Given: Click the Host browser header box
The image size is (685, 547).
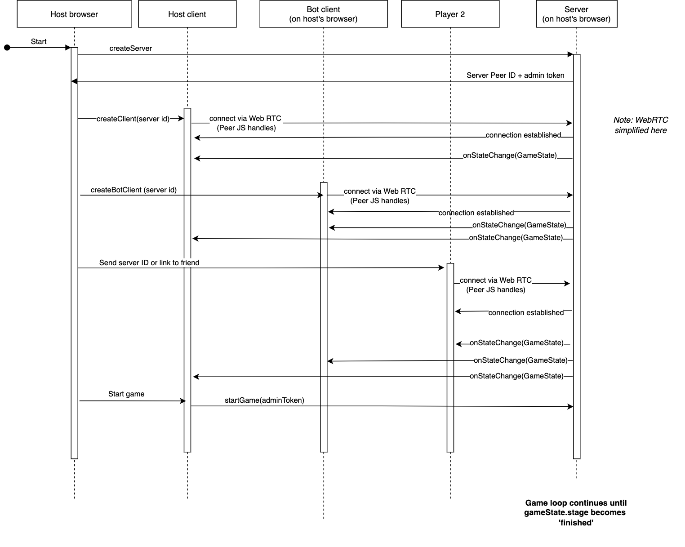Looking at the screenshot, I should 74,14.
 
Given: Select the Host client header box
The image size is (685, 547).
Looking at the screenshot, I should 187,14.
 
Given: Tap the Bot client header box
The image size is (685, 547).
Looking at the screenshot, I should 323,14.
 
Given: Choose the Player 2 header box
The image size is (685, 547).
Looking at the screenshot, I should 450,14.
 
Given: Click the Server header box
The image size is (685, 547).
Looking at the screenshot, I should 576,14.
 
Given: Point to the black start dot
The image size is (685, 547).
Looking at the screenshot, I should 7,48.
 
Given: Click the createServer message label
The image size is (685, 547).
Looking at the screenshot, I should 131,49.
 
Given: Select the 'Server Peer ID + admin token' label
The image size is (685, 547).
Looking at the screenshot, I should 515,76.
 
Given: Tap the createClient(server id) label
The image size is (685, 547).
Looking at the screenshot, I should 133,119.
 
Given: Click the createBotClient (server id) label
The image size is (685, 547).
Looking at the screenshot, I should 133,190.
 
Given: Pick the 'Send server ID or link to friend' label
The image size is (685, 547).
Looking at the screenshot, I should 149,263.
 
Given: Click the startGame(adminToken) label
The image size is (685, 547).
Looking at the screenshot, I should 264,400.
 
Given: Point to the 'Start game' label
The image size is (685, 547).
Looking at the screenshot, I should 126,394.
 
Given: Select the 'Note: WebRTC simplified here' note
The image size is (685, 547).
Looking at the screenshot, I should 641,125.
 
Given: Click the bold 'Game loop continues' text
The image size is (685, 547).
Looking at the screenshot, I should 575,513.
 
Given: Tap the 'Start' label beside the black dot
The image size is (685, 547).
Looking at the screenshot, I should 39,42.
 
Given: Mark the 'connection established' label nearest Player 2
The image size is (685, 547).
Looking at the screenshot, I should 526,313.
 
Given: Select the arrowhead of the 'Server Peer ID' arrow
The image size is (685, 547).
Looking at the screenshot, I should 74,81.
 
